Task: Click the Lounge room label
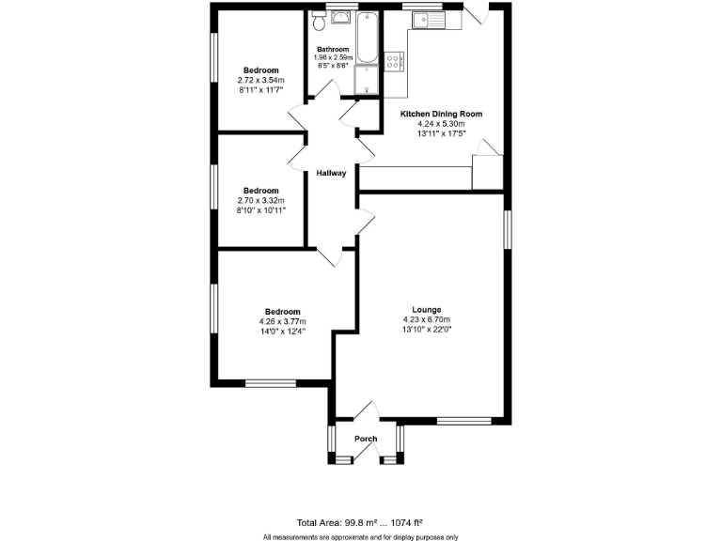[426, 310]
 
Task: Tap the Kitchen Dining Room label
[441, 114]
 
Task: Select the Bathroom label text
[333, 50]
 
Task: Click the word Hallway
[331, 173]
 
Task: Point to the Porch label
[366, 439]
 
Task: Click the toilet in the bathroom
[320, 19]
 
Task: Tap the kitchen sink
[434, 20]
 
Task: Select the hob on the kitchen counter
[395, 63]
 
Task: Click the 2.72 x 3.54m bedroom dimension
[260, 81]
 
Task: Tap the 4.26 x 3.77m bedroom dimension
[282, 322]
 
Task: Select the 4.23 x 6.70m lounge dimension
[426, 320]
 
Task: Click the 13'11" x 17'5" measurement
[441, 133]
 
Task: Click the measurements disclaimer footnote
[361, 536]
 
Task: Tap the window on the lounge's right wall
[508, 230]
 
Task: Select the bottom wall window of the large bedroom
[271, 381]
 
